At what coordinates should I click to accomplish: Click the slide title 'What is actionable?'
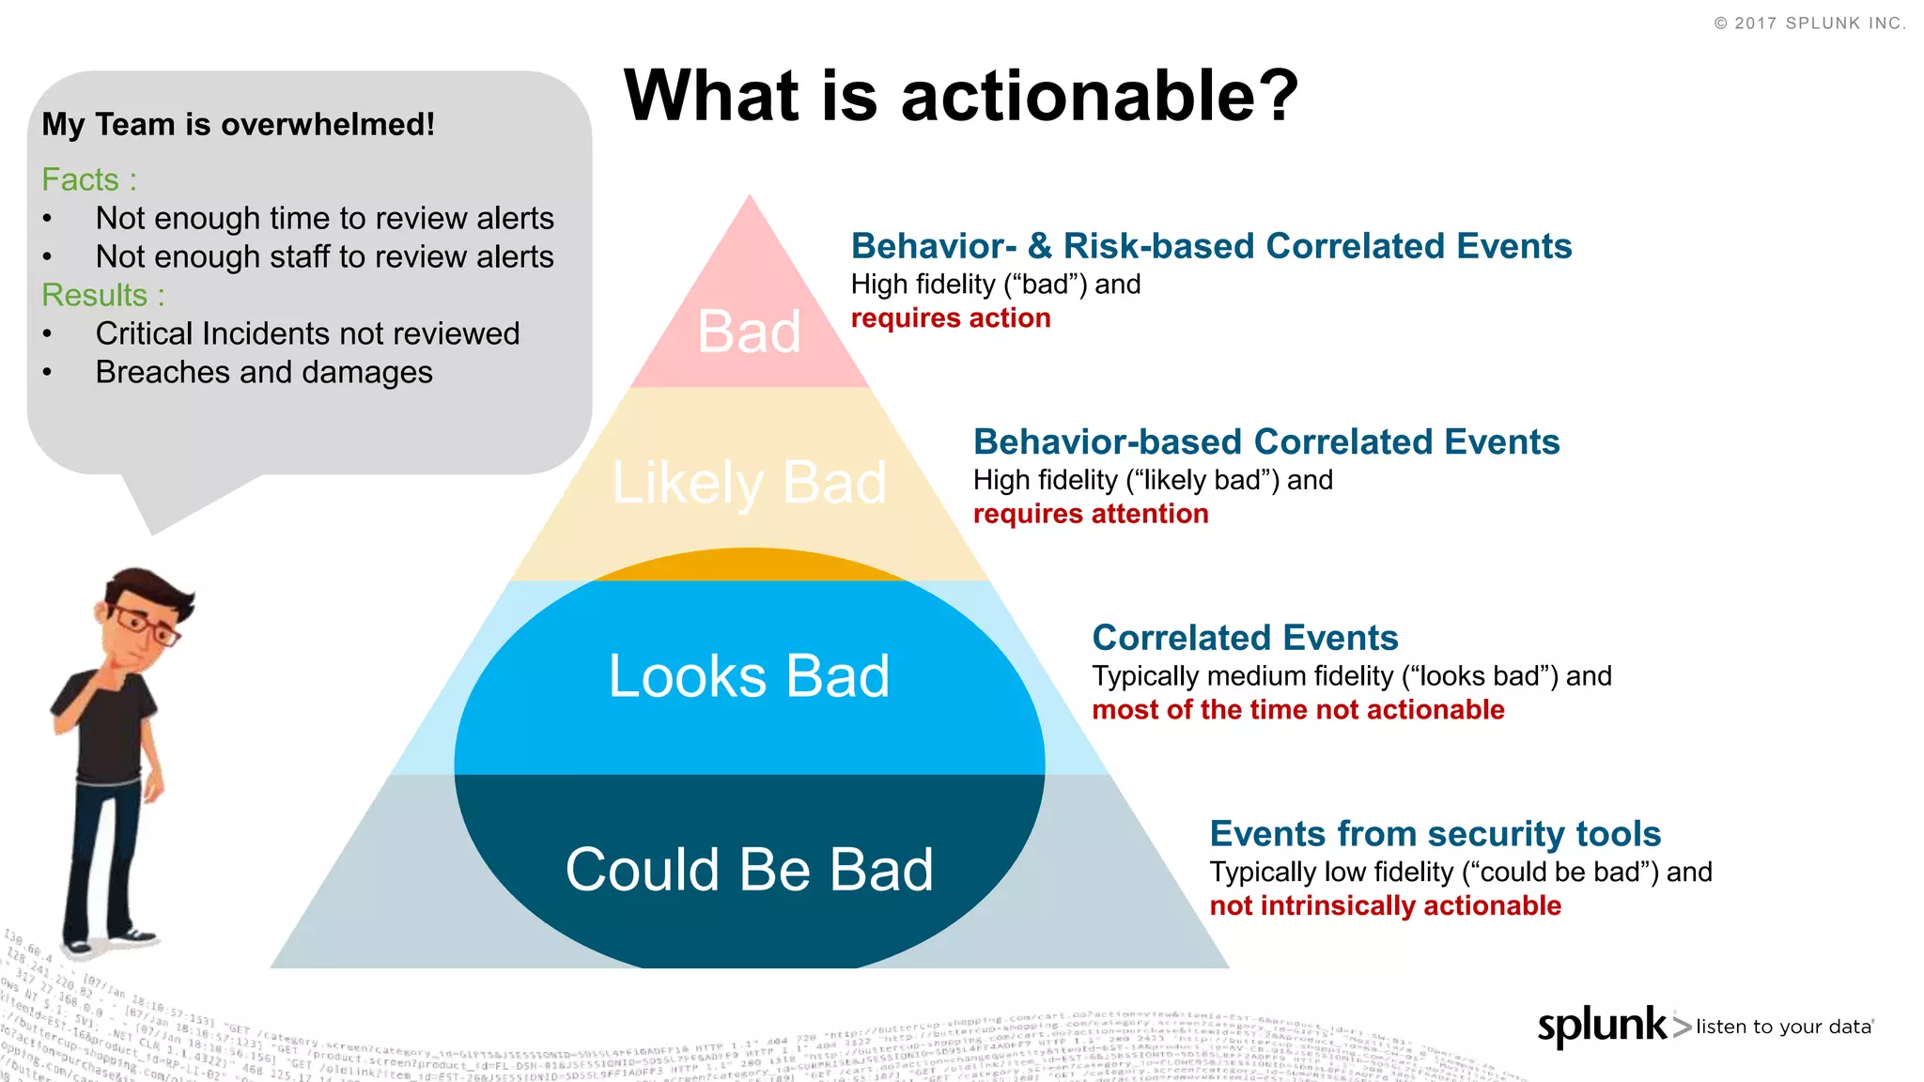pyautogui.click(x=960, y=96)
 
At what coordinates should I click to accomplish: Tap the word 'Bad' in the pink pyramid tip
pyautogui.click(x=749, y=332)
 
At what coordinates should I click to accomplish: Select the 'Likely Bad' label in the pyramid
pyautogui.click(x=749, y=483)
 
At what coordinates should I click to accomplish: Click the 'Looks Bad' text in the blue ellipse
pyautogui.click(x=749, y=676)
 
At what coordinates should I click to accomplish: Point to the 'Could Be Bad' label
pyautogui.click(x=749, y=870)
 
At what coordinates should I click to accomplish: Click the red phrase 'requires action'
pyautogui.click(x=950, y=318)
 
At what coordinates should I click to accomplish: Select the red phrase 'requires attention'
pyautogui.click(x=1090, y=515)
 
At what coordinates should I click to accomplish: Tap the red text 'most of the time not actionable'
pyautogui.click(x=1297, y=710)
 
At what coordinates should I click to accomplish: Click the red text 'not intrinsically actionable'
pyautogui.click(x=1385, y=906)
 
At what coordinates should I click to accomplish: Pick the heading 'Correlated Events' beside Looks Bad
pyautogui.click(x=1245, y=639)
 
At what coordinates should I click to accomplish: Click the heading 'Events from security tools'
pyautogui.click(x=1435, y=834)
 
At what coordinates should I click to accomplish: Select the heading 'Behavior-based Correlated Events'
pyautogui.click(x=1265, y=442)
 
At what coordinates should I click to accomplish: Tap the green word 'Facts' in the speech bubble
pyautogui.click(x=81, y=179)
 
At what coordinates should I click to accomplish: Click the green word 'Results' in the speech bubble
pyautogui.click(x=95, y=295)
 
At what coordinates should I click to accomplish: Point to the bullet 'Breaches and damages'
pyautogui.click(x=264, y=373)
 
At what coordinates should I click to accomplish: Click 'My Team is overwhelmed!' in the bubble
pyautogui.click(x=238, y=125)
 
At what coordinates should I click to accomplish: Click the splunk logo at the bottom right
pyautogui.click(x=1603, y=1026)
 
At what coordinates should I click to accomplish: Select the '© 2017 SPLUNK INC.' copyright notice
pyautogui.click(x=1809, y=23)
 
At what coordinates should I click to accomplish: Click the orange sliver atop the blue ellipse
pyautogui.click(x=749, y=564)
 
